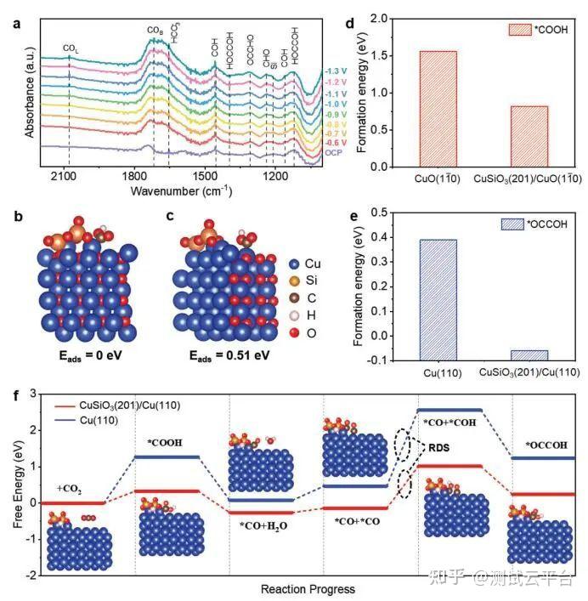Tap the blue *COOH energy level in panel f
(168, 457)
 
